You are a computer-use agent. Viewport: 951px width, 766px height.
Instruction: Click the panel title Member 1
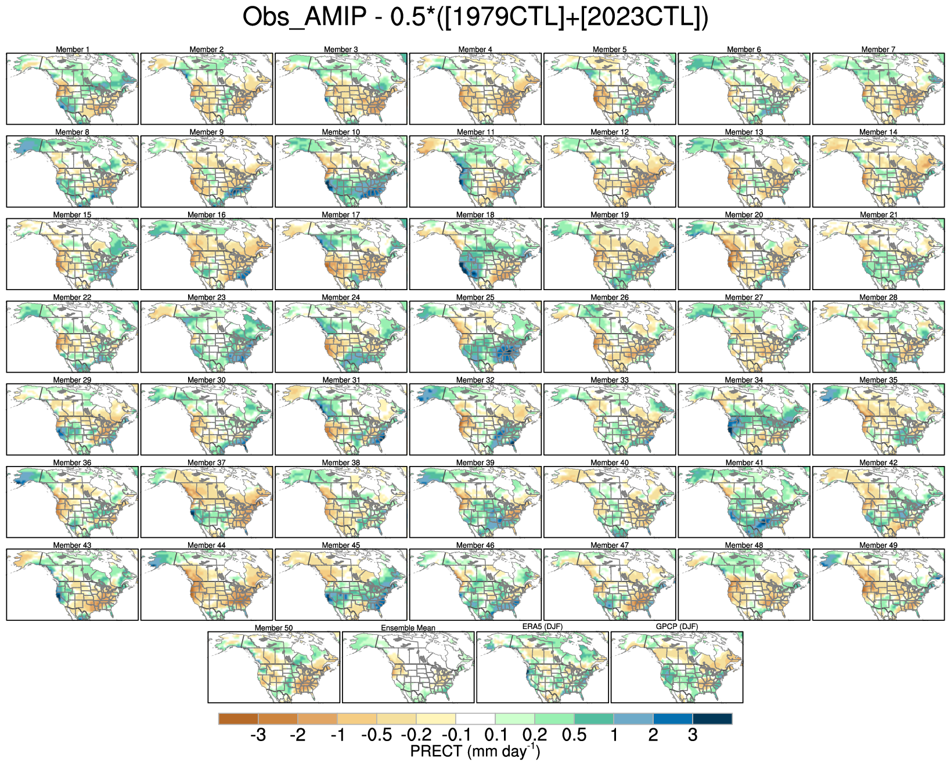pos(73,49)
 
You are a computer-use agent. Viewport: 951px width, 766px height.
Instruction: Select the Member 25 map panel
pos(475,337)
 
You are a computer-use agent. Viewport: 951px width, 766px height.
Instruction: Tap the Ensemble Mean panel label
pos(408,628)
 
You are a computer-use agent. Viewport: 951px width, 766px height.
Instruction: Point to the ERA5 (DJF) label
pos(542,627)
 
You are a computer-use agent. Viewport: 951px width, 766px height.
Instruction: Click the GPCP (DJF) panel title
pos(677,627)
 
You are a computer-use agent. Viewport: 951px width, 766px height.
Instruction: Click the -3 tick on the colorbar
pos(258,736)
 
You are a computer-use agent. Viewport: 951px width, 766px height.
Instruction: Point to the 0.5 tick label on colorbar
pos(574,736)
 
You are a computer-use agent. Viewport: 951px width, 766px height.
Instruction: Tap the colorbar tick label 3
pos(693,736)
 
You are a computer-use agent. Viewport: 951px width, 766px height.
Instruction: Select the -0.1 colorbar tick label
pos(456,736)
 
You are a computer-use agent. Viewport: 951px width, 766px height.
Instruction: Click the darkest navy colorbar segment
pos(712,719)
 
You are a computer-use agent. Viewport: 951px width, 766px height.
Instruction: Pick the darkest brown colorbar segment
pos(239,719)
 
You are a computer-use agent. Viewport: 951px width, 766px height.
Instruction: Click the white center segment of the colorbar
pos(476,719)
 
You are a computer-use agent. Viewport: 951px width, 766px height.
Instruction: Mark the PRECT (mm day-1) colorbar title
pos(475,751)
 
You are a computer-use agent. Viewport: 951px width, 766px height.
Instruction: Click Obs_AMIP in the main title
pos(304,18)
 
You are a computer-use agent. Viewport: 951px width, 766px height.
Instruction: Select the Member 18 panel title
pos(475,215)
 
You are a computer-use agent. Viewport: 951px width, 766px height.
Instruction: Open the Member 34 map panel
pos(744,419)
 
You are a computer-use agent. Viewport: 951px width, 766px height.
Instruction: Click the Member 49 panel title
pos(878,545)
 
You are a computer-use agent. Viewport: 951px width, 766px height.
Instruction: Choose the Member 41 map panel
pos(744,502)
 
